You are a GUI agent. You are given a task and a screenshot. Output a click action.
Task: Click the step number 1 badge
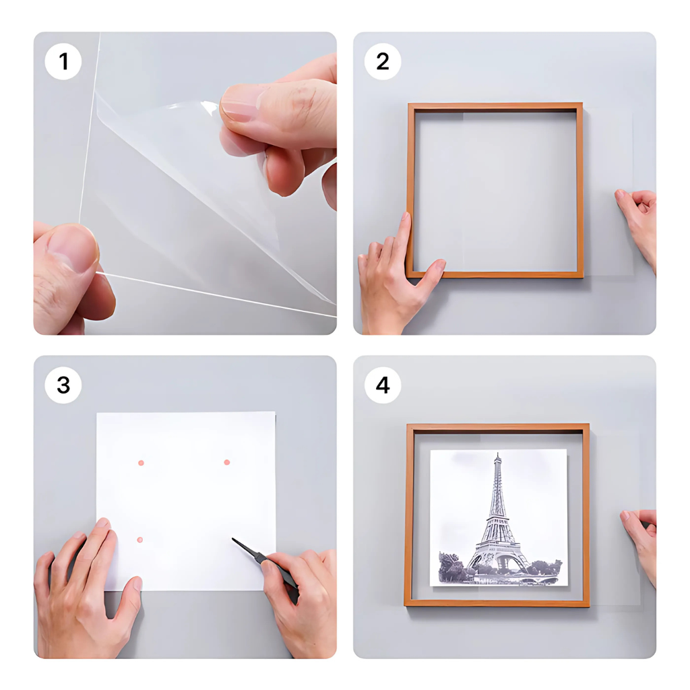[x=63, y=62]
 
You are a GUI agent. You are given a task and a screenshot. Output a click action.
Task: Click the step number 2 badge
[x=382, y=62]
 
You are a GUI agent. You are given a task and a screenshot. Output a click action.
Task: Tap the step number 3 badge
[x=63, y=385]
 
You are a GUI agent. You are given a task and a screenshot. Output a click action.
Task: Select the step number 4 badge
[x=382, y=385]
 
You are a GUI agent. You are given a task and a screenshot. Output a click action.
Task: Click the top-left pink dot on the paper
[x=141, y=463]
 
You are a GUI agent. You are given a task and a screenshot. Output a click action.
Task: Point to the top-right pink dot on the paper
[x=226, y=462]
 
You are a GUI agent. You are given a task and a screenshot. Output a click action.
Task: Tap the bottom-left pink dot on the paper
[x=140, y=540]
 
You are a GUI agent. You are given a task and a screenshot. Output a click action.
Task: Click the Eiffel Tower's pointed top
[x=497, y=456]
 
